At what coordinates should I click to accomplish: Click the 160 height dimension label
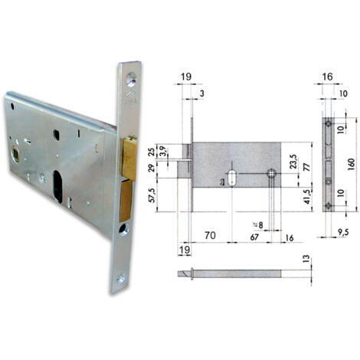point(352,165)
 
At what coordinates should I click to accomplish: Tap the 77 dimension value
point(307,167)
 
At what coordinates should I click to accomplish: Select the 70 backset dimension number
point(210,235)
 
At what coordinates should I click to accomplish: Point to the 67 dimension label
point(254,237)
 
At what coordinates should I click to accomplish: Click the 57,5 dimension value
point(152,195)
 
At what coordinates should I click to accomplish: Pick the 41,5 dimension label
point(309,196)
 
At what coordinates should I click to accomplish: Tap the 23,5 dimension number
point(294,162)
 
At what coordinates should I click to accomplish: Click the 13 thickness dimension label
point(306,259)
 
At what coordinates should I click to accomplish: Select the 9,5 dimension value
point(342,232)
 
